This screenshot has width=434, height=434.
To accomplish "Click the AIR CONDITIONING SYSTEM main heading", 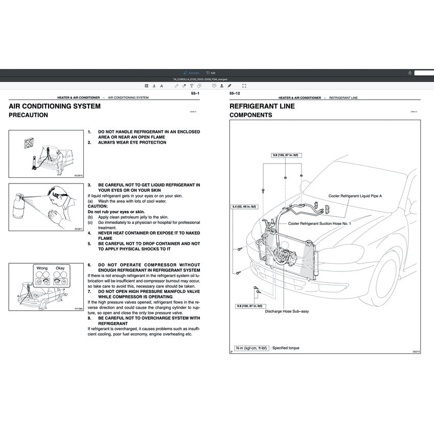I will (x=55, y=106).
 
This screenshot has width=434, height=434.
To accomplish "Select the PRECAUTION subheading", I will (x=28, y=116).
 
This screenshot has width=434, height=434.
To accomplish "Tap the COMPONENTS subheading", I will (x=250, y=116).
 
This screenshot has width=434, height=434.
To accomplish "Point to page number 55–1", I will (x=195, y=94).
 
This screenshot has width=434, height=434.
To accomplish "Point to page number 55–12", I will (x=235, y=94).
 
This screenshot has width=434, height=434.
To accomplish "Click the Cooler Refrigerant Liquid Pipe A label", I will (x=355, y=196).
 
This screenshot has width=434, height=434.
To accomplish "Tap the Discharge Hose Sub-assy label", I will (x=287, y=311).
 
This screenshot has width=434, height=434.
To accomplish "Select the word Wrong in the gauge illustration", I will (x=41, y=268).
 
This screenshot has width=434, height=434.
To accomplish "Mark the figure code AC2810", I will (x=78, y=175).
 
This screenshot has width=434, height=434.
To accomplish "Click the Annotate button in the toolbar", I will (x=192, y=73).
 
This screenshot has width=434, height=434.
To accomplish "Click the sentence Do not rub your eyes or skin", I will (x=116, y=212).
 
